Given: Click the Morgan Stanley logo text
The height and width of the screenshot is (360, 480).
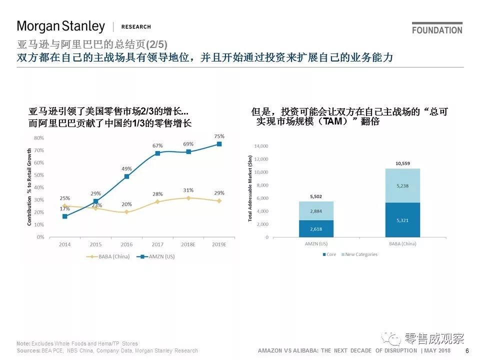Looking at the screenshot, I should pos(61,26).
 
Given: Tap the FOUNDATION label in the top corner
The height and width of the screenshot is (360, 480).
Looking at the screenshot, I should pos(437,30).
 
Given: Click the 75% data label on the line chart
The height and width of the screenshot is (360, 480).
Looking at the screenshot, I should pos(219,136).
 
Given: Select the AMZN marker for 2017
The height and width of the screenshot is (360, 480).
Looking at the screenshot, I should pos(157,153).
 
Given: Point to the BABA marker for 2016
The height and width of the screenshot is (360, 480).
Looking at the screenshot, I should pos(126,212).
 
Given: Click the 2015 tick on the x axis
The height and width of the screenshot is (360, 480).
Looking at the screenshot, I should pos(95,244).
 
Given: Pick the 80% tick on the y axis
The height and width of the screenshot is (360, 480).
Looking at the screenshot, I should pos(38,137).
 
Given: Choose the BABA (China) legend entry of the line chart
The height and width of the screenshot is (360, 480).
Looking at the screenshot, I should pos(108,256).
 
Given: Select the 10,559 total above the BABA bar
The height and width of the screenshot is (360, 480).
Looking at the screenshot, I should pos(402,163).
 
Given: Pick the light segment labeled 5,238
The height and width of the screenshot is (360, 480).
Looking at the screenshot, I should pos(402,185).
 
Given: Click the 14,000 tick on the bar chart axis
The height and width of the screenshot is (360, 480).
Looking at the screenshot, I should pos(261,146).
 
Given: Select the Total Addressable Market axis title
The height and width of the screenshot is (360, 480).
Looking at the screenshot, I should pos(250,188).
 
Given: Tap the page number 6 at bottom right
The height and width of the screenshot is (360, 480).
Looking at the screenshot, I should pos(467,351).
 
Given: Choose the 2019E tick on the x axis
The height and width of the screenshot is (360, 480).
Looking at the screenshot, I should pos(219,244).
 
